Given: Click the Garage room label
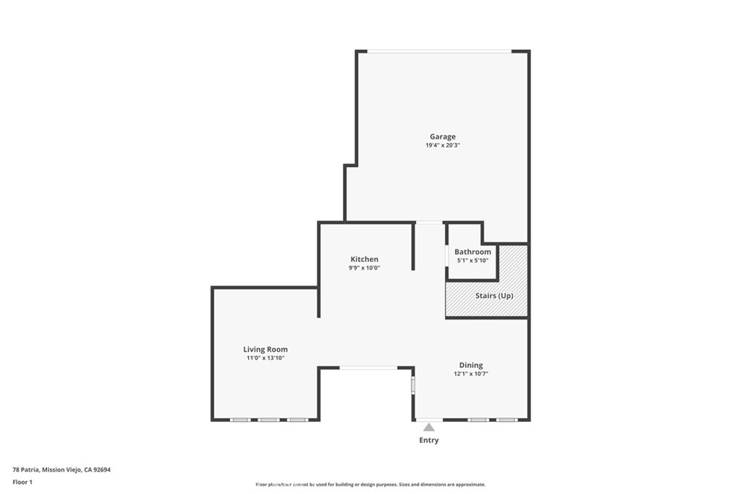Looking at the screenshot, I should click(x=443, y=137).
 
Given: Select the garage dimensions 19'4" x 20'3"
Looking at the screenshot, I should click(x=443, y=145).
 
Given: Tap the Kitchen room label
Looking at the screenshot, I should click(x=364, y=259).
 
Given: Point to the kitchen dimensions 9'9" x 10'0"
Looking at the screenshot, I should click(x=364, y=268).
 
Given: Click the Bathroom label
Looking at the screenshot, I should click(x=473, y=252).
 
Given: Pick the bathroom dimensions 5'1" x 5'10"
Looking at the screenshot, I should click(x=473, y=260).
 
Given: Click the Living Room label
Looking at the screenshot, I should click(x=265, y=349).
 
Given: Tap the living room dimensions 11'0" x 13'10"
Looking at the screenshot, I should click(x=265, y=358).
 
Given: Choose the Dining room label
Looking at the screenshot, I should click(x=470, y=365).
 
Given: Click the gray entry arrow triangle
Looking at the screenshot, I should click(x=429, y=427).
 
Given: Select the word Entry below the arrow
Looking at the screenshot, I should click(x=429, y=440).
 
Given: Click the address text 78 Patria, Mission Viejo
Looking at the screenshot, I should click(x=62, y=469).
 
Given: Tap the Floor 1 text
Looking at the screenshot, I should click(x=22, y=482).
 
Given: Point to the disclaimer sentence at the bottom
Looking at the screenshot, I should click(x=370, y=485).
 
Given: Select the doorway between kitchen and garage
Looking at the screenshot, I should click(x=429, y=223).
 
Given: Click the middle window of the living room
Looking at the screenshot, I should click(x=269, y=420).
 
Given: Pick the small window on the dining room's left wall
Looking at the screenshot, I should click(x=414, y=384).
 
